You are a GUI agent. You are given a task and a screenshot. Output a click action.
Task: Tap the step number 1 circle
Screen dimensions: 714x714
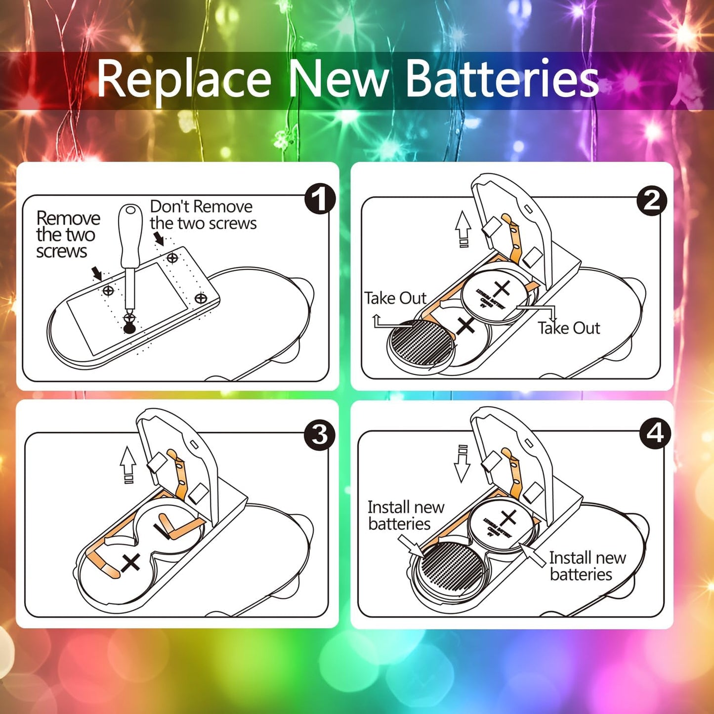click(x=320, y=199)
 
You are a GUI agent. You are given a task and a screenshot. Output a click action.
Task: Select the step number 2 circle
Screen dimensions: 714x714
click(x=652, y=201)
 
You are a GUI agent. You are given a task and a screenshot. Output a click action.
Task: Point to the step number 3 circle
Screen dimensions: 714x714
click(x=320, y=435)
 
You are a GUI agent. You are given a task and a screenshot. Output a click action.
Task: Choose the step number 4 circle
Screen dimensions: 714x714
click(x=655, y=433)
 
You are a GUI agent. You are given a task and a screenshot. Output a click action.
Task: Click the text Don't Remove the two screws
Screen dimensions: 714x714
click(x=203, y=215)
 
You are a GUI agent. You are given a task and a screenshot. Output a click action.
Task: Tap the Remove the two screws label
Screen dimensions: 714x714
click(x=67, y=235)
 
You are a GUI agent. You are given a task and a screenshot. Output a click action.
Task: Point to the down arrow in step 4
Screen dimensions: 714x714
click(x=462, y=463)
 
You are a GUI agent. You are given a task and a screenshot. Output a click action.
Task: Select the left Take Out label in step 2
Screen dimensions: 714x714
click(x=395, y=298)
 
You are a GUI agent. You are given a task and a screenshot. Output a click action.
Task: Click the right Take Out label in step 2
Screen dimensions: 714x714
click(x=569, y=328)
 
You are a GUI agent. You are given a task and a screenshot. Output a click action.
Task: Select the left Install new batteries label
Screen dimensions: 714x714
click(x=405, y=515)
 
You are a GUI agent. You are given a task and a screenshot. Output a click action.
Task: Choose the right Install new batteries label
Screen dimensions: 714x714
click(x=587, y=566)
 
